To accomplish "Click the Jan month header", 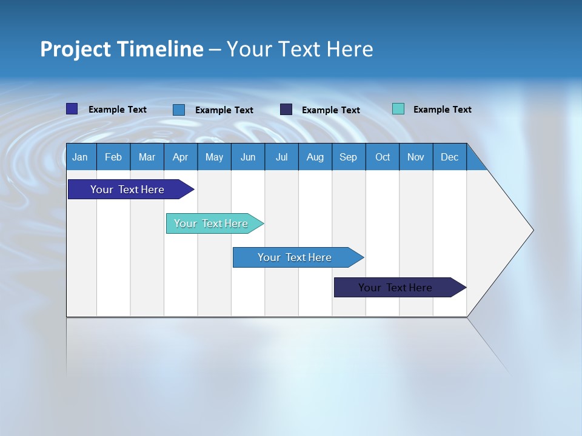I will tap(80, 157).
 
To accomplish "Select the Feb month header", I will tap(113, 157).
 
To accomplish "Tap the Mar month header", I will tap(147, 157).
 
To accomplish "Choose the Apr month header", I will tap(181, 157).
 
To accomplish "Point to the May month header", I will tap(214, 157).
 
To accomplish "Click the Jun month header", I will tap(248, 157).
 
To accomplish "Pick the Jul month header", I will tap(281, 157).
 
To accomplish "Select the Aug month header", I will tap(315, 157).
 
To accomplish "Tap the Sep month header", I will tap(349, 157).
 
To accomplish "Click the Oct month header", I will tap(383, 157).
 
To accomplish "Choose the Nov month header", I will tap(416, 157).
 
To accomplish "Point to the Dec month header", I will tap(450, 157).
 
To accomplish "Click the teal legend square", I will tap(398, 109).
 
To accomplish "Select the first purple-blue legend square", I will tap(72, 109).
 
